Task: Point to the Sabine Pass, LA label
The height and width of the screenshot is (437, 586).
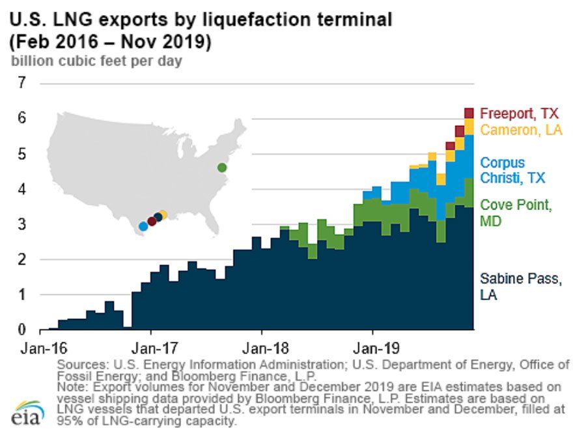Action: click(x=520, y=287)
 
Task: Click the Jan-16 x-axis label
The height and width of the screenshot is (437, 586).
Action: click(x=40, y=348)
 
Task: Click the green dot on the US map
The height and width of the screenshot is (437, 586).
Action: click(x=222, y=168)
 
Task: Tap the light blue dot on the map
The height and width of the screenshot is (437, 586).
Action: click(x=143, y=226)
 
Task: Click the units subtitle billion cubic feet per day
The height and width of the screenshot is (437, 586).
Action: click(x=95, y=62)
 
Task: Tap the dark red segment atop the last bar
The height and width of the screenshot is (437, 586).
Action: click(x=469, y=113)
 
